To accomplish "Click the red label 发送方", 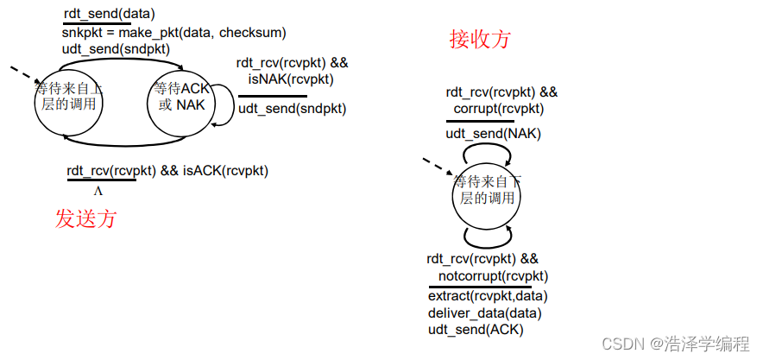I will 85,218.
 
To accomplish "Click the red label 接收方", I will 480,39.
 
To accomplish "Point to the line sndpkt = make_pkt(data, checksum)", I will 173,32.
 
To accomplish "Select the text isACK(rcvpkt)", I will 225,170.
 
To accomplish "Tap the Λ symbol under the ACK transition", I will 98,191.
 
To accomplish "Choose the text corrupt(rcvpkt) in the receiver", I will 499,109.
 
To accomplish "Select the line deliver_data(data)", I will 484,313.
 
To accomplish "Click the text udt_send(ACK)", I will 476,329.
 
